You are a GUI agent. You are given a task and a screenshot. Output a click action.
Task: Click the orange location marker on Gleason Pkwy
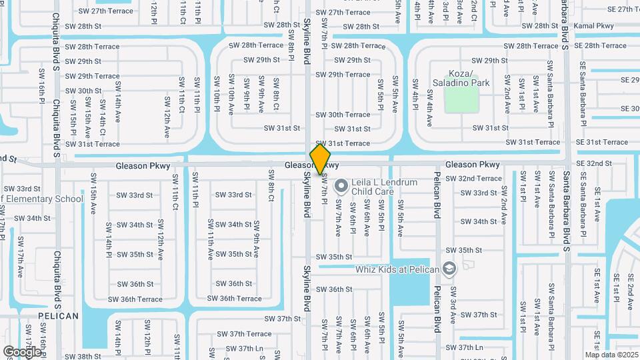[320, 159]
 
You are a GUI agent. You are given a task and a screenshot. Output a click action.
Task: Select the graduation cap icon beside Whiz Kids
[449, 269]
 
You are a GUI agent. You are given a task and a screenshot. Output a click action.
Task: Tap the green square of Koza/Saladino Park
[461, 100]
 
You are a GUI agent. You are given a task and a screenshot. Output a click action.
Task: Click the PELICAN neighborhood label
[58, 315]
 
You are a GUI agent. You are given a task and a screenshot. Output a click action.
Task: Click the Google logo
[22, 352]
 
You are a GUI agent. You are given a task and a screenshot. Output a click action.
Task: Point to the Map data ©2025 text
[611, 354]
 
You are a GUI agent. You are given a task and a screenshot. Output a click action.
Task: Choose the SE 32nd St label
[593, 163]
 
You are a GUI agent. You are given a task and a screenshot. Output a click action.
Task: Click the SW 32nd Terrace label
[473, 179]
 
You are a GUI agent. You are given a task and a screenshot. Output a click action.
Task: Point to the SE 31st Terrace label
[601, 142]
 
